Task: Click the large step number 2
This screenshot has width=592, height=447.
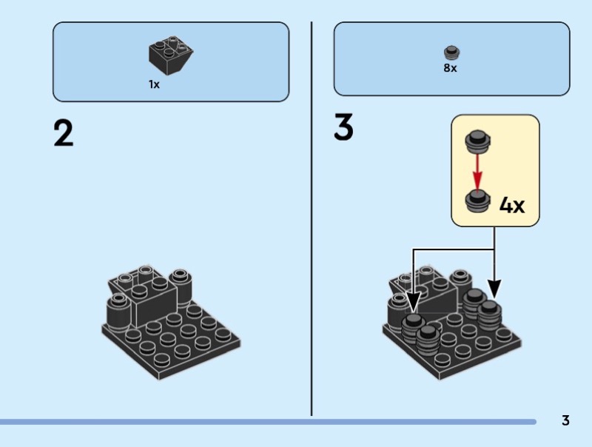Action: click(x=64, y=133)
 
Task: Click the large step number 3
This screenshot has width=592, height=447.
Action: click(x=344, y=127)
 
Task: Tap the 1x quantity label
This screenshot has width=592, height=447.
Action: click(x=154, y=85)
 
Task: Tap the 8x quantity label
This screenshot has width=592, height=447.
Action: click(x=451, y=68)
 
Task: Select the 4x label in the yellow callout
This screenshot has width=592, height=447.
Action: click(x=512, y=205)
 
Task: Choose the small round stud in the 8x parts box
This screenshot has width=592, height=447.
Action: click(x=451, y=52)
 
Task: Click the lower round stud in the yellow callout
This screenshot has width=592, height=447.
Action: click(x=477, y=200)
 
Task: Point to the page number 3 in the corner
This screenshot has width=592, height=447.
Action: click(x=565, y=421)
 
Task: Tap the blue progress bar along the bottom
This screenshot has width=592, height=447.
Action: click(x=266, y=422)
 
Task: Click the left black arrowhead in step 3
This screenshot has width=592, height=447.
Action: click(x=413, y=302)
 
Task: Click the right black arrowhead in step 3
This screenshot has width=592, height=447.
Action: click(x=494, y=289)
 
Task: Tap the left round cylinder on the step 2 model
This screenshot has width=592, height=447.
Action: click(x=118, y=310)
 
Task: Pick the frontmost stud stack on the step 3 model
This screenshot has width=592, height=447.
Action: click(x=428, y=341)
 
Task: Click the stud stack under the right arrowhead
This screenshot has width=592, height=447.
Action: click(x=490, y=314)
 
